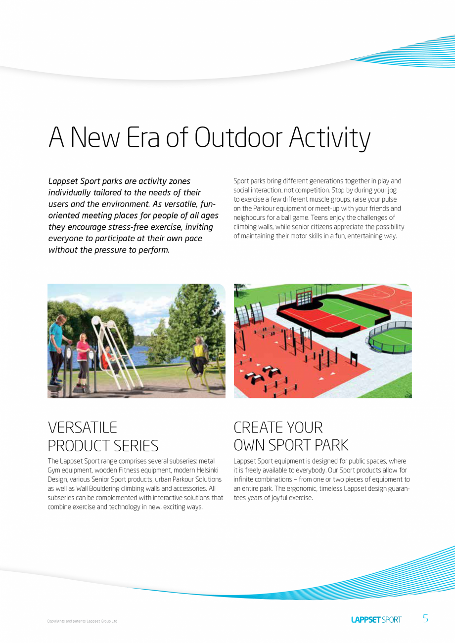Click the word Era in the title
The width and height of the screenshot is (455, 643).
[142, 137]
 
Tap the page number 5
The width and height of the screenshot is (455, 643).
[425, 618]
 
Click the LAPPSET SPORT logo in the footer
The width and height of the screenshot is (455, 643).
[376, 619]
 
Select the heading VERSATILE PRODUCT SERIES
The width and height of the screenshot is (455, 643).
[103, 436]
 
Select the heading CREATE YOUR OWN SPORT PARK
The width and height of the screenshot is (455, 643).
[291, 436]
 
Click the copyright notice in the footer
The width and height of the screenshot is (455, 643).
[82, 621]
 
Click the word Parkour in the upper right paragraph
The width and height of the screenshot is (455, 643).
[265, 209]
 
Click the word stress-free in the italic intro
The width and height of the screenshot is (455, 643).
[130, 227]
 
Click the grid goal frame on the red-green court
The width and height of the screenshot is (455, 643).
[304, 297]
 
